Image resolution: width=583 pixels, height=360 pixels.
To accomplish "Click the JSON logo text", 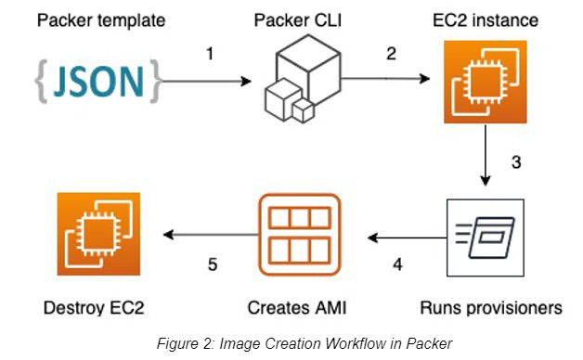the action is coord(98,82).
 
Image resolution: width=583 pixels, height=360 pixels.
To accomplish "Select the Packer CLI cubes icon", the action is coord(303,79).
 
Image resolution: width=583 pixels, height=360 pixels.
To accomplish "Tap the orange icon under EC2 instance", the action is coord(486,82).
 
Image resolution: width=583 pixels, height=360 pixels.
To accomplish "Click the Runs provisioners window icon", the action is coord(486,238).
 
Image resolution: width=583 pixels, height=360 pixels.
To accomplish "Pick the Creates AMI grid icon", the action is coord(299,235).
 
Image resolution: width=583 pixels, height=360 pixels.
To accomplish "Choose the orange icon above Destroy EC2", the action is coord(98,234).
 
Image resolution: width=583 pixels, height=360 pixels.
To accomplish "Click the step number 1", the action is coord(210,54).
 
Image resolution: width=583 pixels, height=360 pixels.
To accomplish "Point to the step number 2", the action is coord(391,54).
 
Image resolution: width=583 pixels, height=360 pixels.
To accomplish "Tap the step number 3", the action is coord(516,162).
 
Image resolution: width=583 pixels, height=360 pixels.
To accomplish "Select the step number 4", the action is coord(397,264).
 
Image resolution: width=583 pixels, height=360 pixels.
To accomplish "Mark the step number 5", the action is coord(213,264).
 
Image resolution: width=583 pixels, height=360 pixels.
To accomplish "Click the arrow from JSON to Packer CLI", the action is coord(207,81).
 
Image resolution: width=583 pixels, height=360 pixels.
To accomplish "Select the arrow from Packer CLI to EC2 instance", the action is coord(385,78).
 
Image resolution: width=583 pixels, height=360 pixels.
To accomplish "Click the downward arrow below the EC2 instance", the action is coord(486,155).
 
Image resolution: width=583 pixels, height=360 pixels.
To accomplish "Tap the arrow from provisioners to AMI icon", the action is coord(408,238).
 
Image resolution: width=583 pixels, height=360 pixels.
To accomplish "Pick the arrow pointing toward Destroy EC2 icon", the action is coord(211,235).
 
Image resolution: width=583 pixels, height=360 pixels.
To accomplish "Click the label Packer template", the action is coord(101,20).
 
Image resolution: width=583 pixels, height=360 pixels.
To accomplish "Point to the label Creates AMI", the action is coord(297,308).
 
